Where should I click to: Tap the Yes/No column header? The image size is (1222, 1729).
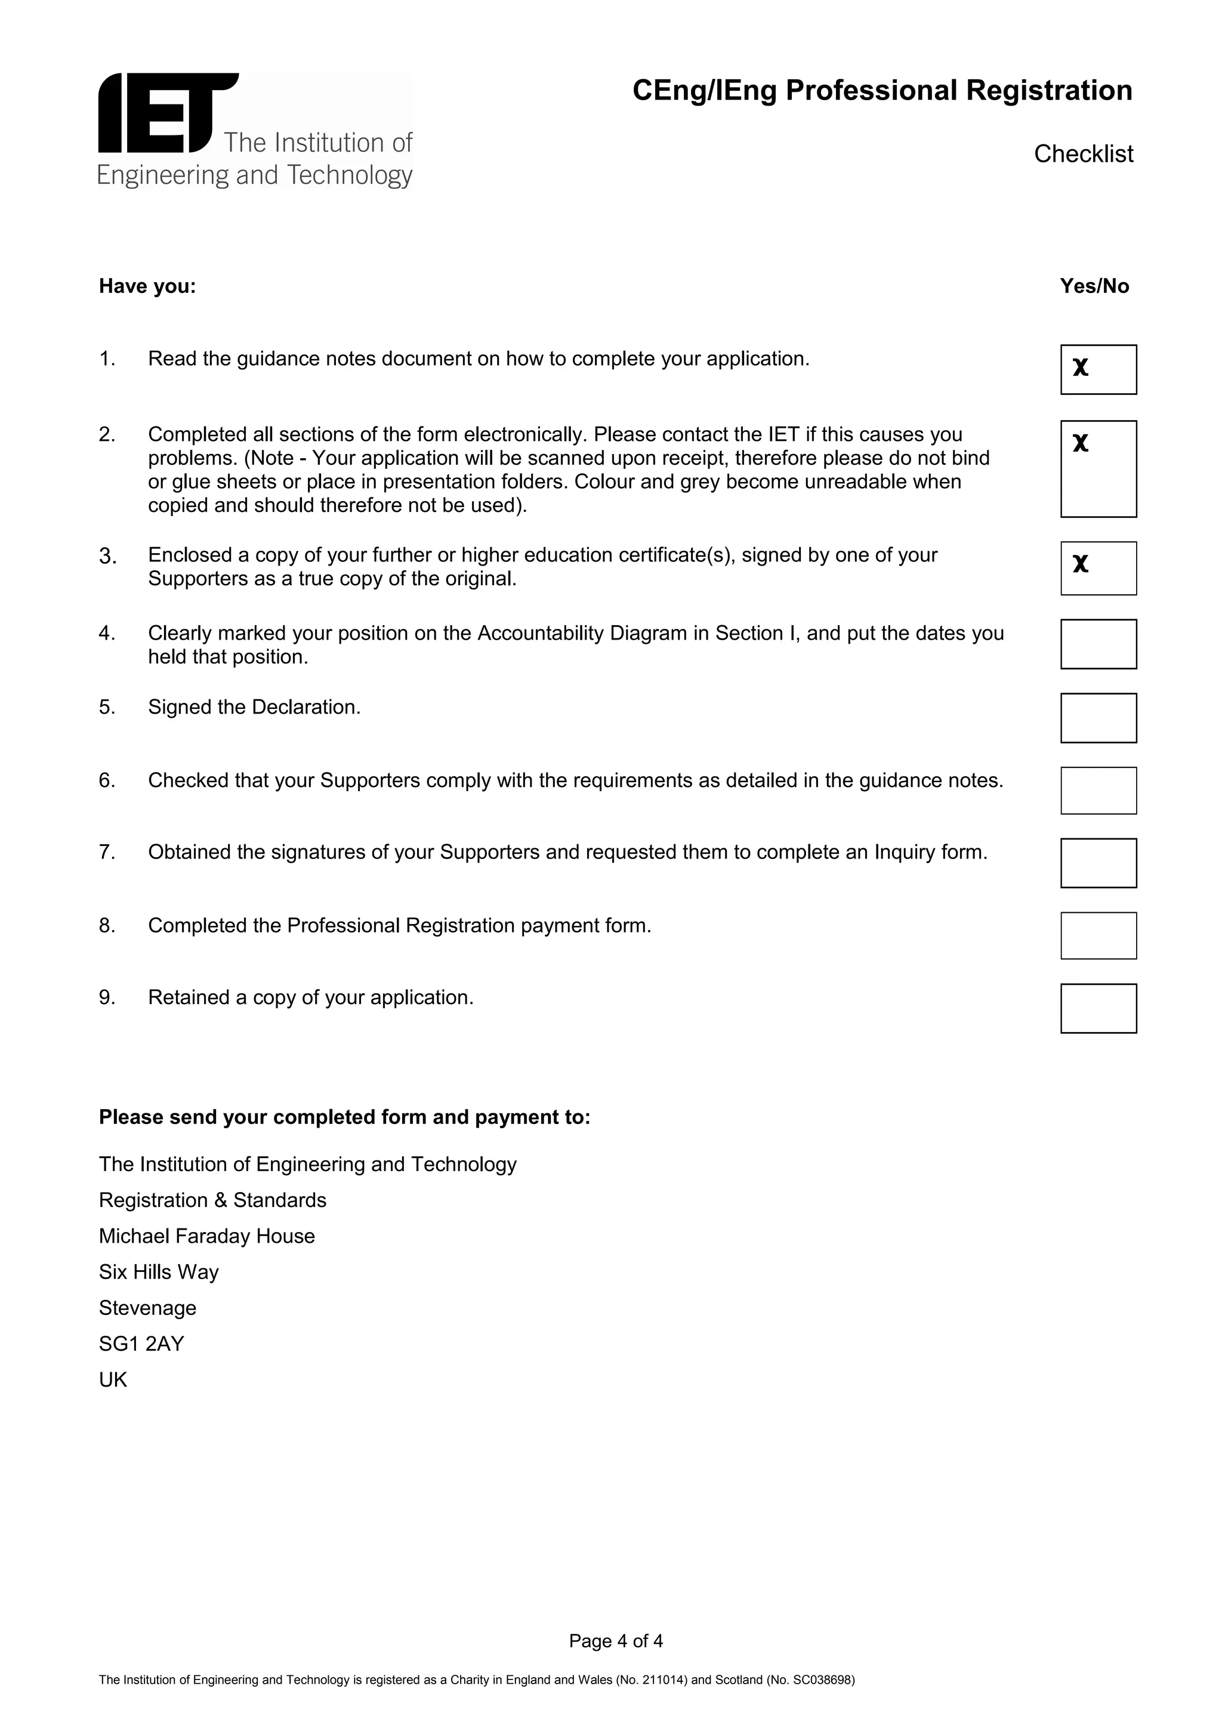(1094, 286)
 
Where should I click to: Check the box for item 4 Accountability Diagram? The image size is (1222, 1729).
(1098, 644)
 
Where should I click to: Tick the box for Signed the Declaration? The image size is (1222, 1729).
(1098, 718)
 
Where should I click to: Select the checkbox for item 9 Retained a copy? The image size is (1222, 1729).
(1098, 1008)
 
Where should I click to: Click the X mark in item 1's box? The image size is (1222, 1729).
(1081, 368)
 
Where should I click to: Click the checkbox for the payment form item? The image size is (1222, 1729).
(1098, 935)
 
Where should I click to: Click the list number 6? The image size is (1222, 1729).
(106, 780)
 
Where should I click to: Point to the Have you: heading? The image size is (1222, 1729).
(147, 287)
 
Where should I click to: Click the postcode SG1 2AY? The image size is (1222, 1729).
(141, 1344)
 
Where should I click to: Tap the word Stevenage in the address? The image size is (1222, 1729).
(147, 1307)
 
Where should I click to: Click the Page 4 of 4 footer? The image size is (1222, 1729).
(616, 1641)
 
